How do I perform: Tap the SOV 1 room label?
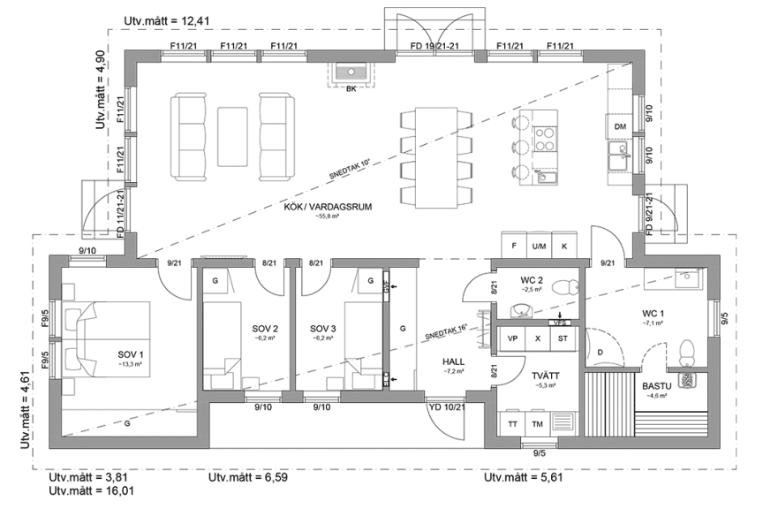pyautogui.click(x=129, y=354)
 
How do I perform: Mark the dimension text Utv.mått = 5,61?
pyautogui.click(x=523, y=478)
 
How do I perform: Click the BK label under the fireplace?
pyautogui.click(x=351, y=89)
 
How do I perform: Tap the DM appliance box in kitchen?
pyautogui.click(x=621, y=127)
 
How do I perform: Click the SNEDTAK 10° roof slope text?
pyautogui.click(x=350, y=169)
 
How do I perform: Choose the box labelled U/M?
pyautogui.click(x=538, y=246)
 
